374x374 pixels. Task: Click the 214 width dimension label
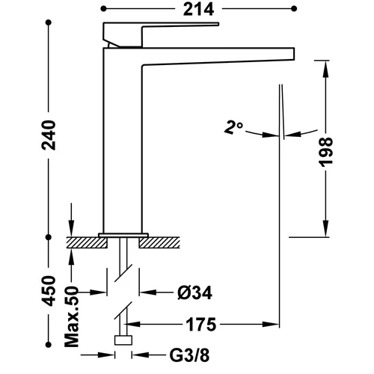[x=198, y=10]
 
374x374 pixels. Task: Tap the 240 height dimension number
[x=49, y=135]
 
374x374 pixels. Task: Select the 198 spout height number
[x=326, y=152]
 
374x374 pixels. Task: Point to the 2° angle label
[x=233, y=128]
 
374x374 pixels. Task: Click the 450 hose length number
[x=49, y=291]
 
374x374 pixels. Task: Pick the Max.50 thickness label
[x=72, y=316]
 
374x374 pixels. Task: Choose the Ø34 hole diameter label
[x=194, y=292]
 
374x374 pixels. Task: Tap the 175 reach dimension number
[x=201, y=325]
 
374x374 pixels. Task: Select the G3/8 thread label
[x=189, y=355]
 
